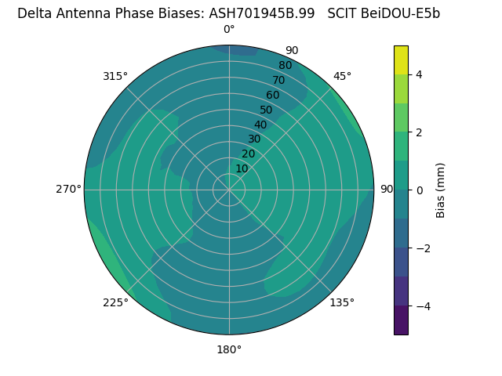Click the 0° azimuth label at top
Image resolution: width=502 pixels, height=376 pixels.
click(x=229, y=30)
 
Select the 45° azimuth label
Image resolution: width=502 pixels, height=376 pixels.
click(x=342, y=76)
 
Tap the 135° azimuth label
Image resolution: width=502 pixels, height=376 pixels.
click(x=342, y=302)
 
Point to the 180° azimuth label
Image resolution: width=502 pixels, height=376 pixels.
click(x=229, y=349)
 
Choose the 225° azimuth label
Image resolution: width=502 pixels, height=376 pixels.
click(x=115, y=302)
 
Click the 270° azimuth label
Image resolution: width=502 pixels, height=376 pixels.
click(x=68, y=189)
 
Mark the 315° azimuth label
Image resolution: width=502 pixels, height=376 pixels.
click(x=115, y=76)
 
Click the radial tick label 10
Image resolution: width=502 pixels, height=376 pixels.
click(x=242, y=168)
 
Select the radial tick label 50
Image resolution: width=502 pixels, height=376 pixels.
click(x=267, y=110)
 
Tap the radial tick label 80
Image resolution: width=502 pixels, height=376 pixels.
click(x=286, y=65)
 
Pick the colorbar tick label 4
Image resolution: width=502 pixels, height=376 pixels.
click(x=420, y=74)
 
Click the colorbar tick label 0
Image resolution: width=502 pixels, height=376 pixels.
click(x=420, y=190)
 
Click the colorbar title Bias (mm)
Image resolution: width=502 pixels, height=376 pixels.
click(x=441, y=190)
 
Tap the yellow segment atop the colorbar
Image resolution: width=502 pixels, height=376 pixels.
click(x=401, y=60)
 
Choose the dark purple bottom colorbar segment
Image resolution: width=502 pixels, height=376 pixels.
click(x=401, y=320)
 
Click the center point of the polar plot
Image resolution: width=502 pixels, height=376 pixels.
click(x=229, y=190)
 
